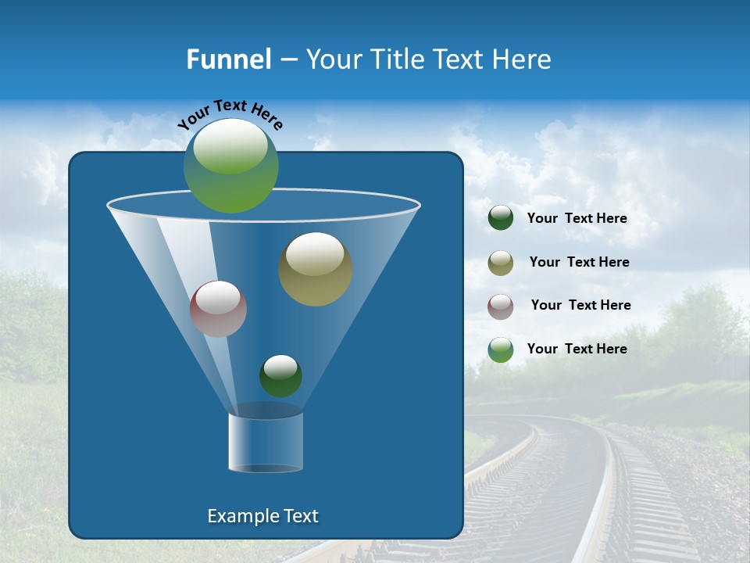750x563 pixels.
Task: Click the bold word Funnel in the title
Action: point(228,59)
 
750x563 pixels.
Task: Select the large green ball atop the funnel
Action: point(231,166)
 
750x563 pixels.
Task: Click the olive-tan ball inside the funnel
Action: point(316,269)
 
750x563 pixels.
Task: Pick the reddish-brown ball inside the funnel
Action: point(218,309)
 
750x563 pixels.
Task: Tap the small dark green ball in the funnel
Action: point(280,376)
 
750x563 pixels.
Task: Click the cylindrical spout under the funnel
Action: point(266,442)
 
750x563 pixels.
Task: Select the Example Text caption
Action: point(263,516)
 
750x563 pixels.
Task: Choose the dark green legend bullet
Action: point(501,218)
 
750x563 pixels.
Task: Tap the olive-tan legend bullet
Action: point(501,263)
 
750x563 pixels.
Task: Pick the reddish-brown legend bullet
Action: point(501,306)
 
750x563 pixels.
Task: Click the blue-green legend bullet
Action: point(501,350)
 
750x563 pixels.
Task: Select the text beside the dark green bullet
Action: point(577,219)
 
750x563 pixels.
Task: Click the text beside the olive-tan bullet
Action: point(579,263)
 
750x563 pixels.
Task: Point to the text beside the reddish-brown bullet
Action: point(580,306)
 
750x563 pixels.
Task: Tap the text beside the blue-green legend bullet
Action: point(577,350)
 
